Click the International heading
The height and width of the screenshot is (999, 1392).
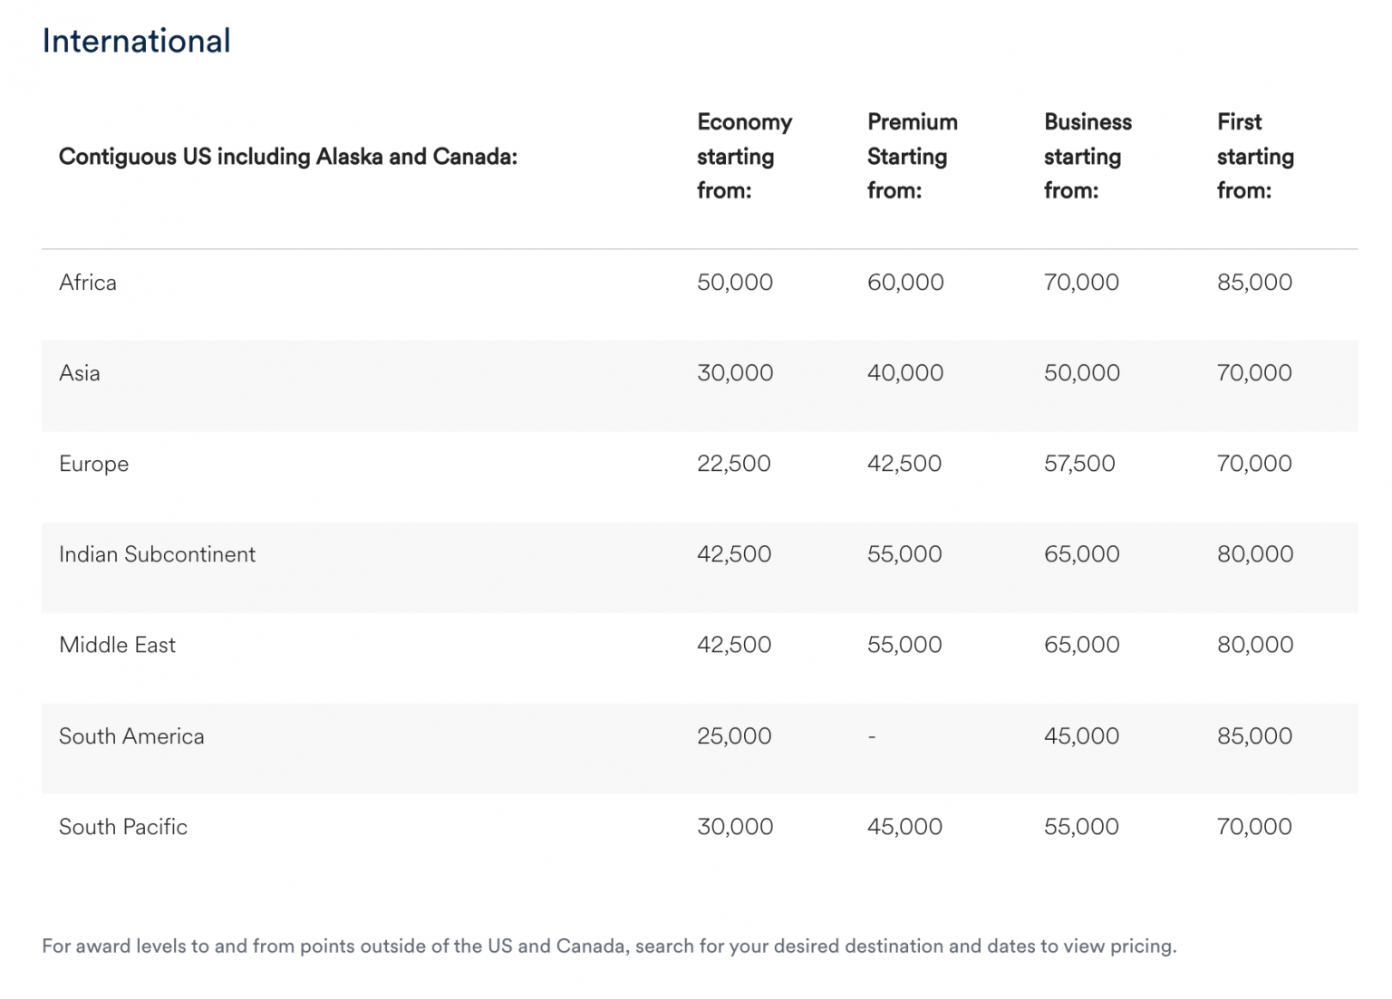(136, 41)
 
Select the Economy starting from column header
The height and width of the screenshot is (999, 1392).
(744, 156)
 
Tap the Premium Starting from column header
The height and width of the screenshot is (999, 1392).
(912, 156)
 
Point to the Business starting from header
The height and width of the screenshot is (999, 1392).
(1087, 156)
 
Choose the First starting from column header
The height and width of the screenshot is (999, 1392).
(1255, 156)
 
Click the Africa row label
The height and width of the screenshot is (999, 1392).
(88, 283)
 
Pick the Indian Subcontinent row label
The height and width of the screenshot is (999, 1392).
(157, 554)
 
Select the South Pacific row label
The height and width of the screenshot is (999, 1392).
(123, 827)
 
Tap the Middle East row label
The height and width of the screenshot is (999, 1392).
(117, 645)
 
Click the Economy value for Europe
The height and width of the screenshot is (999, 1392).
(733, 464)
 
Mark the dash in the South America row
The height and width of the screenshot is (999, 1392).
(872, 736)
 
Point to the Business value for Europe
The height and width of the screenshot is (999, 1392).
(1079, 464)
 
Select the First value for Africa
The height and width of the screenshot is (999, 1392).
(1254, 283)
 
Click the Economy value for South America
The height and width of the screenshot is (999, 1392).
(734, 736)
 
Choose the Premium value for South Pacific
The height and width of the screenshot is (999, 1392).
(904, 827)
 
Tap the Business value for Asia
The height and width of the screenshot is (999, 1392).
(1081, 373)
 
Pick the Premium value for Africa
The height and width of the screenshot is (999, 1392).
(905, 283)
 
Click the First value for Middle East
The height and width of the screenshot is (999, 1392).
(1255, 645)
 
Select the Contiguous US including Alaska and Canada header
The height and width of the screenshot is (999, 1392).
(288, 157)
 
